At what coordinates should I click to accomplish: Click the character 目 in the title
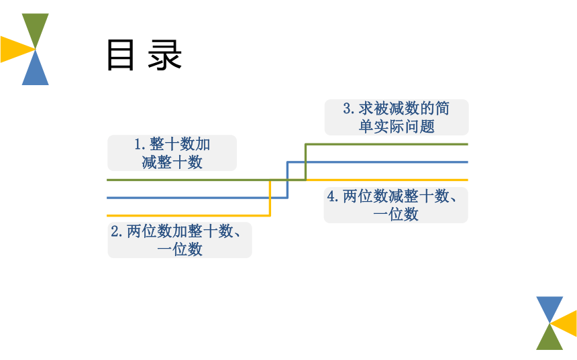[120, 55]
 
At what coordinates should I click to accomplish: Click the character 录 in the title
[165, 55]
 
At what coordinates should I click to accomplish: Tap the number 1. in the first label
[140, 144]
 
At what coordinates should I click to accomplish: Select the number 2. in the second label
[117, 231]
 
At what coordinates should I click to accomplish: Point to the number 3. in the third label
[349, 109]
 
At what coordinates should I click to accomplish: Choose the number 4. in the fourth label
[333, 196]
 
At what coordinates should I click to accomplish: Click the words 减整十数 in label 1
[172, 162]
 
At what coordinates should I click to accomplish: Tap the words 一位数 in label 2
[180, 249]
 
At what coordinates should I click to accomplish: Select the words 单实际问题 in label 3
[397, 127]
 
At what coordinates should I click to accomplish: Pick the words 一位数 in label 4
[396, 214]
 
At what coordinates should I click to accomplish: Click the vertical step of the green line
[305, 162]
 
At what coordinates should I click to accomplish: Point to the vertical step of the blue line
[287, 180]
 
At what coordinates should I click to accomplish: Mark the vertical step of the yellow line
[270, 198]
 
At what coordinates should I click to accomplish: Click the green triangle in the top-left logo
[36, 27]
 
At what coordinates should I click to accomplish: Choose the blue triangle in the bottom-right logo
[549, 307]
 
